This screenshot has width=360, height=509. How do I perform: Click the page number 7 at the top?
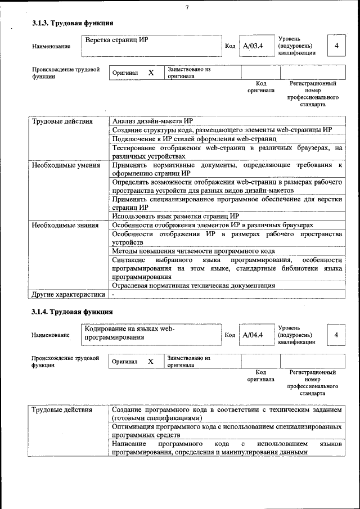pos(186,7)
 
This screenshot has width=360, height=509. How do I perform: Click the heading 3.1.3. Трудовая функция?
pos(73,23)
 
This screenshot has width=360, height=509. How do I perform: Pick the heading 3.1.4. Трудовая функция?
pos(73,311)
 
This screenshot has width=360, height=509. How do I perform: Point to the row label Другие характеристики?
pos(68,294)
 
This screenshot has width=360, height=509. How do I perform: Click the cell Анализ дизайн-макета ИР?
pos(152,121)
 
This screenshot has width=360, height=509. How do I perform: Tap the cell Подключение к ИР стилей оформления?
pos(194,138)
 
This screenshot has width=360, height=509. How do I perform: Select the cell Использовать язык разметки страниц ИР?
pos(175,216)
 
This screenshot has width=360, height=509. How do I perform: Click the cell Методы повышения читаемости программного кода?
pos(193,251)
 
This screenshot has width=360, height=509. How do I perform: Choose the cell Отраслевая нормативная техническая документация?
pos(193,285)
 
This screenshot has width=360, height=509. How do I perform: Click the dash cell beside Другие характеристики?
pos(113,294)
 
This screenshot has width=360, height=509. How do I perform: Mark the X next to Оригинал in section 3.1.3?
pos(151,73)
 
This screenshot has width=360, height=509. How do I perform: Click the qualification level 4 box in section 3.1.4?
pos(336,335)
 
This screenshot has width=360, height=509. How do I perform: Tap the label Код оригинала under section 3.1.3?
pos(260,87)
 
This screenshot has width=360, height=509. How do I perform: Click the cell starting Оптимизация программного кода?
pos(226,430)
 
